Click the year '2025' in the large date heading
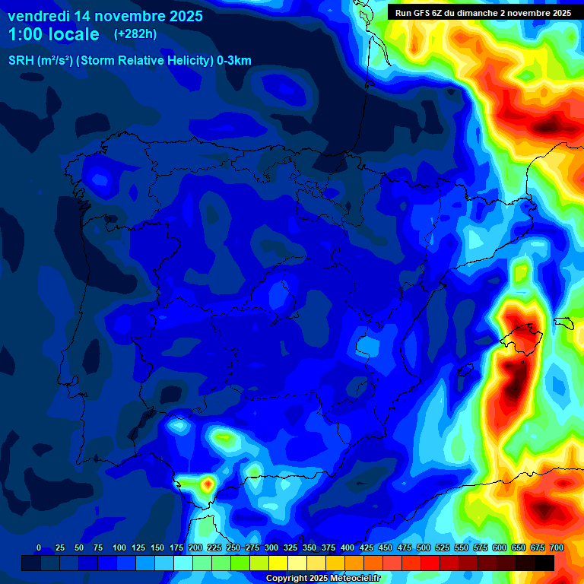[x=182, y=15]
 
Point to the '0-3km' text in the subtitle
[x=234, y=61]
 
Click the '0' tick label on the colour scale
[x=39, y=547]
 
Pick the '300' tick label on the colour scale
[x=271, y=547]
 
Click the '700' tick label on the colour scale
[x=557, y=547]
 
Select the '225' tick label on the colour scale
[x=214, y=547]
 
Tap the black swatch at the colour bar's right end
[x=544, y=563]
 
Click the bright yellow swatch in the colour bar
[x=278, y=563]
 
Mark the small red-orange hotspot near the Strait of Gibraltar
[x=207, y=483]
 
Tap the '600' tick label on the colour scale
[x=500, y=547]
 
